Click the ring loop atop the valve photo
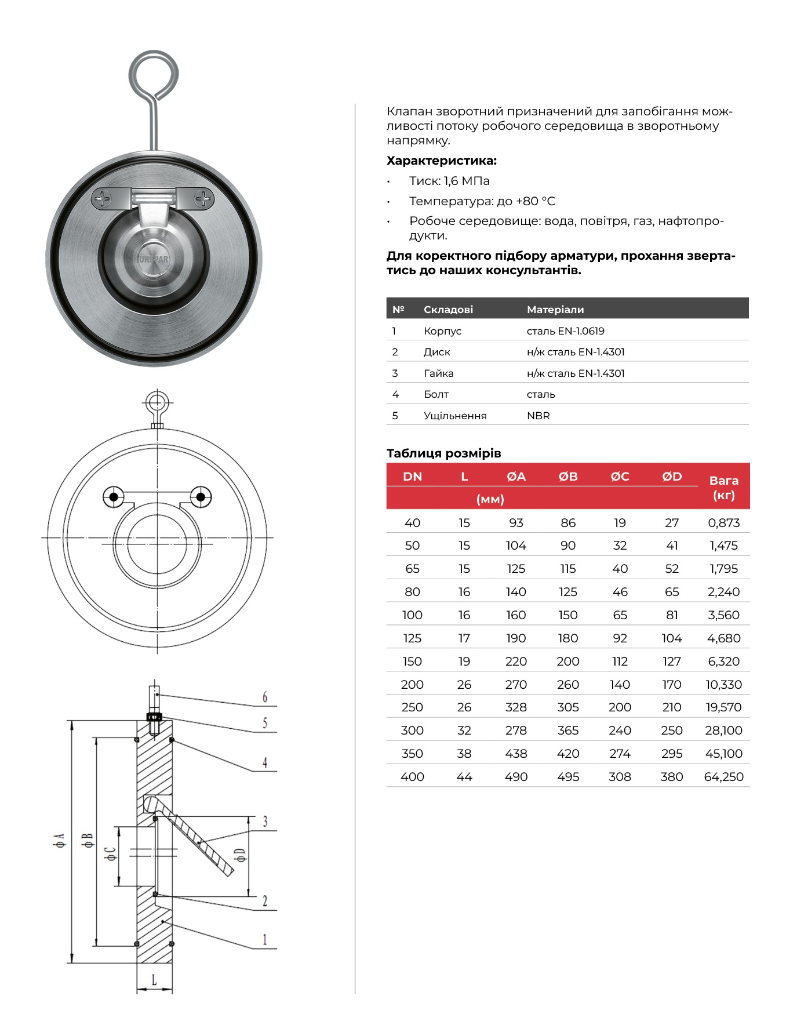[x=154, y=75]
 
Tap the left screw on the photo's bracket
[x=103, y=199]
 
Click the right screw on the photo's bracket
[x=204, y=199]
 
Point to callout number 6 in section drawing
[x=265, y=697]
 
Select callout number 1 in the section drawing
[x=265, y=939]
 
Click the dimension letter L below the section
[x=154, y=980]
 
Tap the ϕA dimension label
[x=59, y=840]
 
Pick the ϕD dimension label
[x=240, y=855]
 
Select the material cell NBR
[x=538, y=416]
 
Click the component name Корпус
[x=442, y=331]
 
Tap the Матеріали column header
[x=555, y=310]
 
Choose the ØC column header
[x=620, y=477]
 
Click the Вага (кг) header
[x=723, y=488]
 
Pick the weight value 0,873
[x=723, y=523]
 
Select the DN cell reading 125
[x=412, y=638]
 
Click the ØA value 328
[x=516, y=707]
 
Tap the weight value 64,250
[x=723, y=777]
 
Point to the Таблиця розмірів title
[x=443, y=453]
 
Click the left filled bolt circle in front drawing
[x=114, y=497]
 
